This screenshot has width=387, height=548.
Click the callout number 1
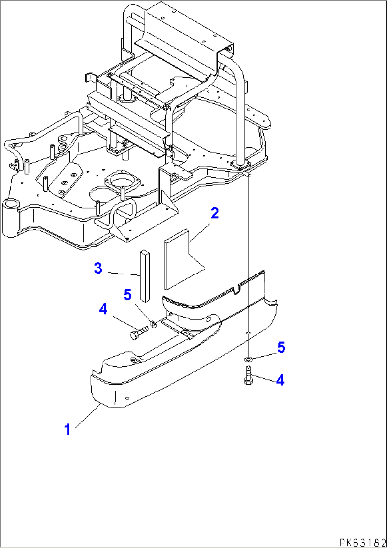click(67, 429)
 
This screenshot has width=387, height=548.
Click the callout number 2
click(214, 213)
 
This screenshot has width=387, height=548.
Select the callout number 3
click(98, 268)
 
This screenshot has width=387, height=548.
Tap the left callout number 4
click(103, 309)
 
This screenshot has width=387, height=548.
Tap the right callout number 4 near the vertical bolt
click(280, 380)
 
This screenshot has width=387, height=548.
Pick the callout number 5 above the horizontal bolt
click(127, 295)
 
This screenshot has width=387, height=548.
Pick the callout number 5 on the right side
click(281, 347)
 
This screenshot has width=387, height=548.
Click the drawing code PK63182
click(362, 542)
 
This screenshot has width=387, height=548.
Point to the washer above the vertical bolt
click(249, 360)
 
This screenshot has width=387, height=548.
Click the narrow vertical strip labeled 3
click(145, 276)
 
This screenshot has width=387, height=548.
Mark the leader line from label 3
click(122, 274)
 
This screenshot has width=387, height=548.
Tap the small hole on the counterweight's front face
click(128, 398)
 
